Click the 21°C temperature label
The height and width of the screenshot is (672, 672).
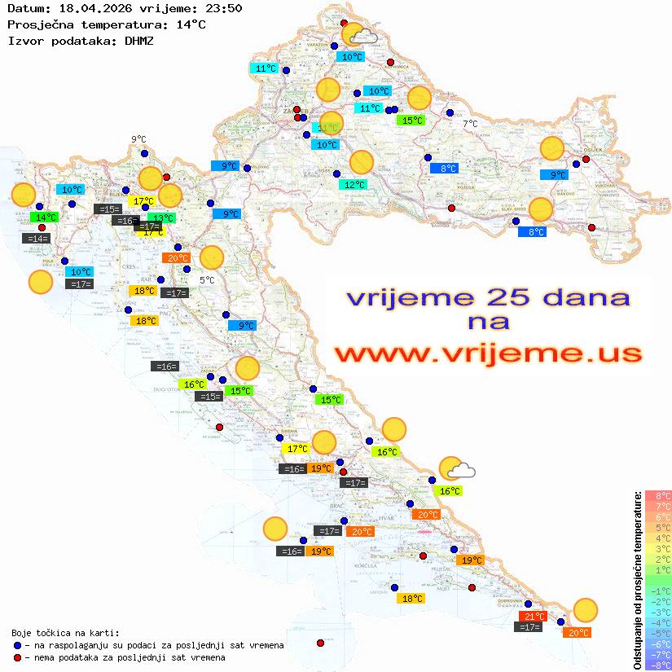coord(533,617)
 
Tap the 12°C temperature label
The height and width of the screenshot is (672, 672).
coord(354,185)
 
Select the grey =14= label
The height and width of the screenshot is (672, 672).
coord(37,239)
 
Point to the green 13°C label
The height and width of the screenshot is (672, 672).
coord(162,217)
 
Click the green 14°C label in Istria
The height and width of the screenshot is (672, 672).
coord(44,217)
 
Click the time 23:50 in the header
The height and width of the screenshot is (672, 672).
coord(224,8)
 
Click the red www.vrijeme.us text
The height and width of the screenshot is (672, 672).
coord(487,354)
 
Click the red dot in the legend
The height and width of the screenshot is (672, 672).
coord(17,657)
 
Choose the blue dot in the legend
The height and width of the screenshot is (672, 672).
coord(17,645)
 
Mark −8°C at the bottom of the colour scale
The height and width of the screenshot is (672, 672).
coord(657,665)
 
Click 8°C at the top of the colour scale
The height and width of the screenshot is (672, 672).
coord(657,495)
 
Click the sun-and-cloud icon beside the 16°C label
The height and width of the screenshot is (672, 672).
coord(456,469)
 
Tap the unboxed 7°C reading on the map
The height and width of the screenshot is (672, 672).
coord(470,124)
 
